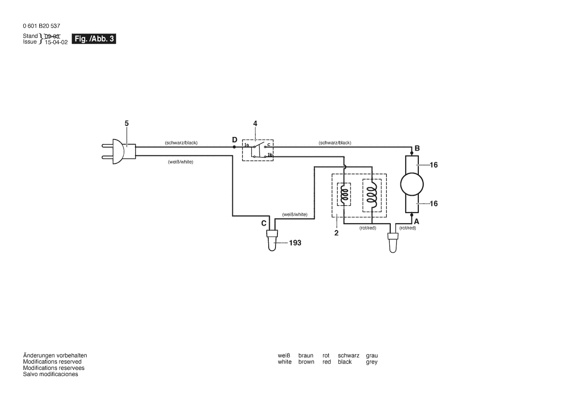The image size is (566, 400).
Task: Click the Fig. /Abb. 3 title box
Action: [x=94, y=39]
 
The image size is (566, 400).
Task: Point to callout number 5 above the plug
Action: [x=127, y=123]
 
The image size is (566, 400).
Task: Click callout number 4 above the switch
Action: [x=255, y=123]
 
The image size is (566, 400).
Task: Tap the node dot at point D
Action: [x=234, y=146]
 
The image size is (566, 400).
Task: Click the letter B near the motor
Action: [x=417, y=148]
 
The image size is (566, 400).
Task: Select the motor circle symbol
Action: [x=412, y=184]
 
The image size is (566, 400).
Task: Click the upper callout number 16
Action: [x=433, y=165]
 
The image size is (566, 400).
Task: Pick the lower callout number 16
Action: [x=433, y=204]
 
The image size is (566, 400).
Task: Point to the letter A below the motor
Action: [x=416, y=221]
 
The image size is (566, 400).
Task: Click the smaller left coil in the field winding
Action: [x=344, y=195]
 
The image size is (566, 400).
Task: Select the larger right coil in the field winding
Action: [x=371, y=195]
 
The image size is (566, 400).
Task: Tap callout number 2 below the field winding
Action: [x=337, y=232]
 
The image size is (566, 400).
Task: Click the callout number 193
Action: [x=295, y=243]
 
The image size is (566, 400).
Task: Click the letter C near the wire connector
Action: [x=264, y=223]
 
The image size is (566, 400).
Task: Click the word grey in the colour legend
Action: [x=372, y=362]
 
